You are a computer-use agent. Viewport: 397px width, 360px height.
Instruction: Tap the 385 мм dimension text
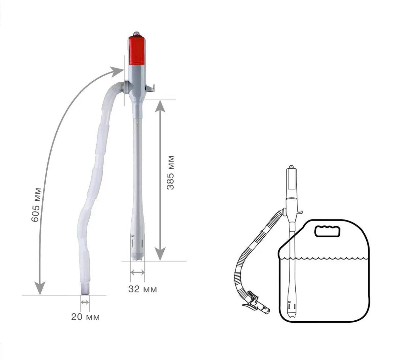(x=170, y=173)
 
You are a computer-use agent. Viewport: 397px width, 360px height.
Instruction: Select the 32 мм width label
(x=143, y=289)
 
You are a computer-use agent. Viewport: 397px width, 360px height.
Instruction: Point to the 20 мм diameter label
(x=85, y=317)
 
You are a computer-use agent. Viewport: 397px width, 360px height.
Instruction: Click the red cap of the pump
(x=137, y=51)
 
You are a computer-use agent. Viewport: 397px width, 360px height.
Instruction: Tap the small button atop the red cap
(x=136, y=34)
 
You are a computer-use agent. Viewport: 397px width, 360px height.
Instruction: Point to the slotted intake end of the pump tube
(x=137, y=248)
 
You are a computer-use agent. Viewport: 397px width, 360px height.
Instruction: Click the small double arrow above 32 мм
(x=138, y=272)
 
